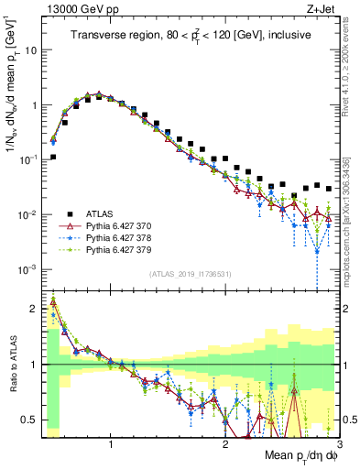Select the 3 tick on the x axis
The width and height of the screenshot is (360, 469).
339,442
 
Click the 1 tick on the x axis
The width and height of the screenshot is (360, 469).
111,442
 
